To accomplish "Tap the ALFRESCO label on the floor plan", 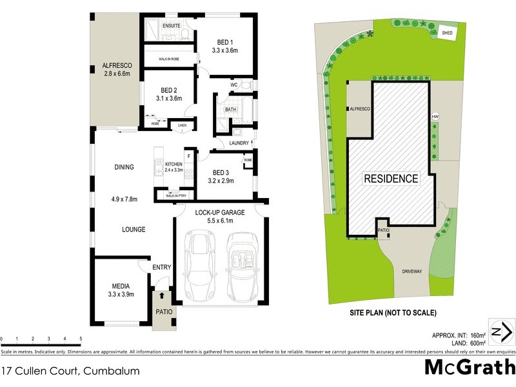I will pyautogui.click(x=116, y=65).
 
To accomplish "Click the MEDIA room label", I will pyautogui.click(x=121, y=286).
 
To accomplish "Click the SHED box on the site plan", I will pyautogui.click(x=446, y=32).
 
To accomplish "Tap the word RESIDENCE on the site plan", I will pyautogui.click(x=391, y=179).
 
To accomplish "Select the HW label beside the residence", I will pyautogui.click(x=435, y=117).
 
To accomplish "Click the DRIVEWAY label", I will pyautogui.click(x=411, y=272).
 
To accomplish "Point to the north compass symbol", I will pyautogui.click(x=500, y=332).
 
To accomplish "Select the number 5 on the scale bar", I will pyautogui.click(x=81, y=338).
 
